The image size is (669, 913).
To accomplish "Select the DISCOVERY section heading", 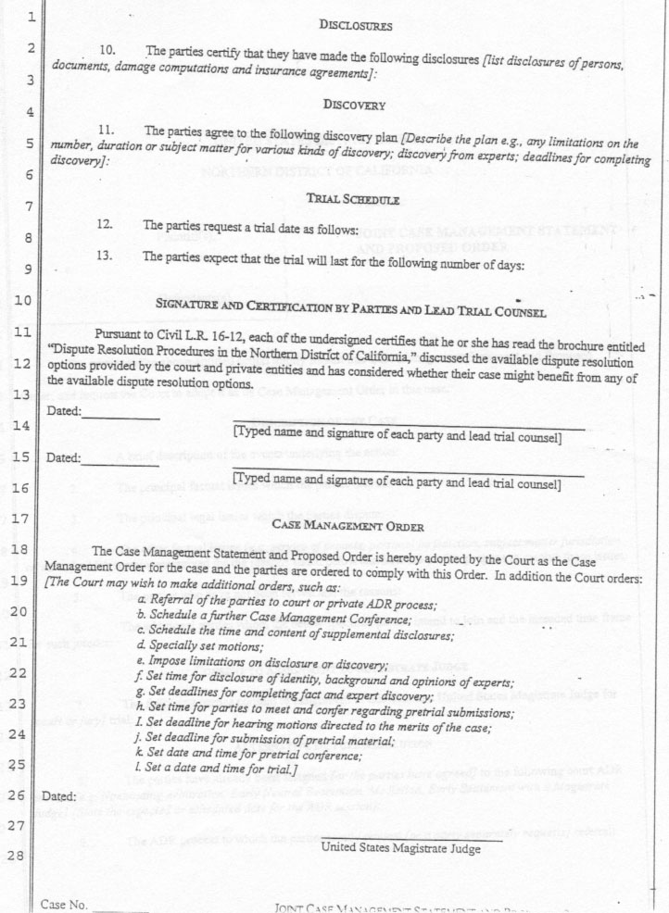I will (x=355, y=106).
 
